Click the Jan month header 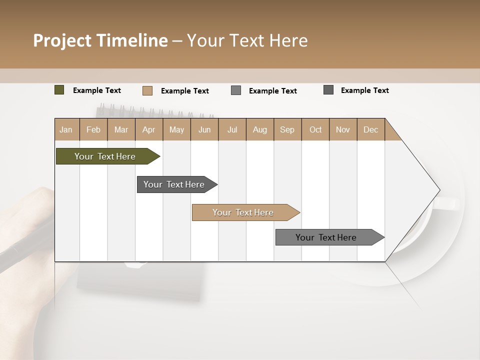(66, 130)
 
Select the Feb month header (93, 130)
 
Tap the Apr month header (148, 130)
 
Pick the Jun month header (204, 130)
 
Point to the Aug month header (259, 130)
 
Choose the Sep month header (287, 130)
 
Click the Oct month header (315, 130)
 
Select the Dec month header (370, 130)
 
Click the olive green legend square (59, 90)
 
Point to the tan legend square (147, 90)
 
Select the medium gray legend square (236, 90)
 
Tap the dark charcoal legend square (328, 90)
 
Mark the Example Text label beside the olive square (97, 90)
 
